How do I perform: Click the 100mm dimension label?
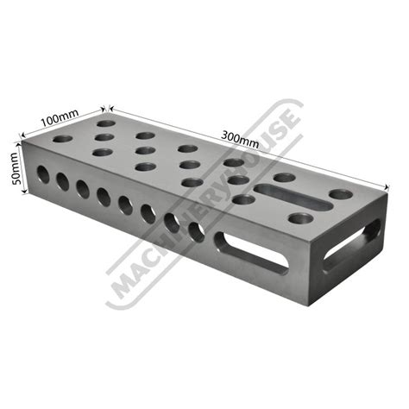coord(60,117)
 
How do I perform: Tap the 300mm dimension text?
coord(240,139)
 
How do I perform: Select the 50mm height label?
coord(15,168)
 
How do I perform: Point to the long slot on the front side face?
coord(250,253)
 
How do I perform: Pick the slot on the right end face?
coord(351,245)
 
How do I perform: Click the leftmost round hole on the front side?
coord(43,174)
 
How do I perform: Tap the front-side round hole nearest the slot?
coord(197,232)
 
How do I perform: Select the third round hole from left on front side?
coord(83,189)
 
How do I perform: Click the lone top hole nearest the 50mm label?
coord(62,139)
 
